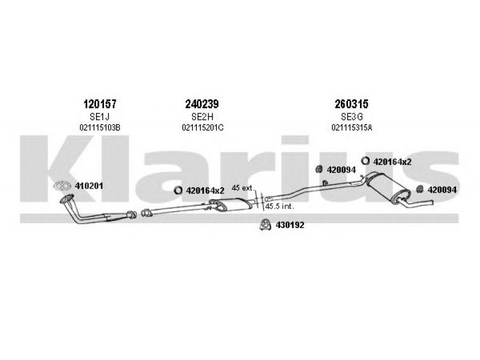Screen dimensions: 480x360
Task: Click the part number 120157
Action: tap(100, 104)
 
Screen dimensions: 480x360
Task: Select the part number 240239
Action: tap(202, 104)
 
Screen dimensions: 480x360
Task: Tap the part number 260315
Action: tap(352, 104)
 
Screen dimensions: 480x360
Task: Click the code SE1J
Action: tap(100, 116)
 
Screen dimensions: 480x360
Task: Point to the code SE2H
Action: tap(202, 116)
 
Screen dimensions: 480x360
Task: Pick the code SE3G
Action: tap(352, 116)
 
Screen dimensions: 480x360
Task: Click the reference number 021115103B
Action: tap(100, 127)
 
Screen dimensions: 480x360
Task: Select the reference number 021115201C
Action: tap(203, 127)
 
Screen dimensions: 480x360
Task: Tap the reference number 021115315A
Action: tap(352, 127)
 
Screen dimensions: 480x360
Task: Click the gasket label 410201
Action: tap(89, 186)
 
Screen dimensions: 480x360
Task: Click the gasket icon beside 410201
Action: tap(62, 185)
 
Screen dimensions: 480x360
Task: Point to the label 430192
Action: tap(290, 226)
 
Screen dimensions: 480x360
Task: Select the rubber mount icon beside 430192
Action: tap(265, 224)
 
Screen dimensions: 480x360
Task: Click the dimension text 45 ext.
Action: tap(243, 188)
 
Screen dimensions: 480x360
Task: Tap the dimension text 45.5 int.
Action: tap(280, 206)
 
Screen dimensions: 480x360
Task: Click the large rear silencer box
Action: tap(387, 187)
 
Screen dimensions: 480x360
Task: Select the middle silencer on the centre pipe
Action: tap(231, 205)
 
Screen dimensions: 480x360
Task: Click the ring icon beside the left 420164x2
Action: tap(178, 190)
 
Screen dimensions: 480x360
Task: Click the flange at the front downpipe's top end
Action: tap(67, 199)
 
